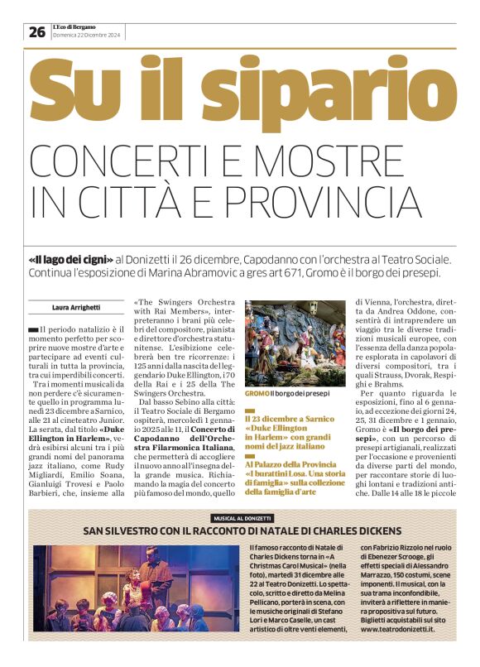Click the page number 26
coord(37,32)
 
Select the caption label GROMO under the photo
coord(256,394)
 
